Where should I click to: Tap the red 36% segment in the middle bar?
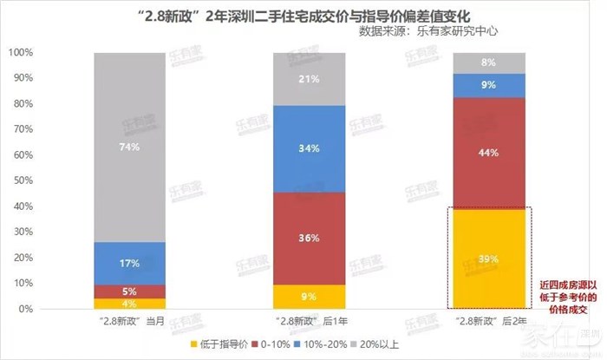point(309,239)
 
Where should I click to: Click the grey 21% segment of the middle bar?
point(309,80)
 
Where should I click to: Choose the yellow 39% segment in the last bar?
point(489,259)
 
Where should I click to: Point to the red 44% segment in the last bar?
point(489,153)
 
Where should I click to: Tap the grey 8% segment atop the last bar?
point(489,62)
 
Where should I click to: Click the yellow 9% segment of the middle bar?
point(309,297)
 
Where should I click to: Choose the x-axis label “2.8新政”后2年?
point(489,323)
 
